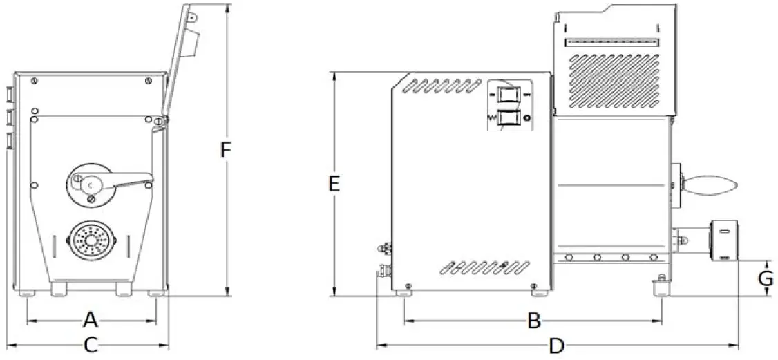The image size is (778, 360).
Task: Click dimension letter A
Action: (90, 320)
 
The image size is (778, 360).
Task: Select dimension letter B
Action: (533, 321)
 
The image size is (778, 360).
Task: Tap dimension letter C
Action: (91, 345)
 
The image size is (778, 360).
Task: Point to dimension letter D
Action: (556, 345)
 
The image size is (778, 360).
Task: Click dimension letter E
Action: (334, 184)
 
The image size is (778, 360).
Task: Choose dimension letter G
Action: (764, 279)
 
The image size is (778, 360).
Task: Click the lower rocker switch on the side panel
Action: (509, 118)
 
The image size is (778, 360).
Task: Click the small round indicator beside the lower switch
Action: (529, 119)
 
